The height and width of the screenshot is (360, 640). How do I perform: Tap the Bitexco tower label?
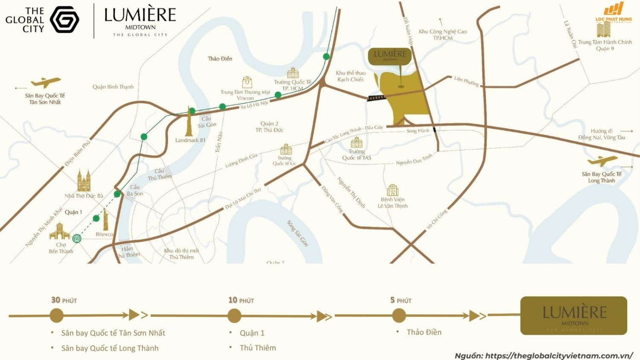(105, 234)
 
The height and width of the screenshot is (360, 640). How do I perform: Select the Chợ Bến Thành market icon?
(59, 232)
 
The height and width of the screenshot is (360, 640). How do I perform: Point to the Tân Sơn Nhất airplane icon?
(46, 82)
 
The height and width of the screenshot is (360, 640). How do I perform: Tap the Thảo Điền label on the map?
(220, 59)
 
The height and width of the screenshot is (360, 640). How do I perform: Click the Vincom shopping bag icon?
(247, 82)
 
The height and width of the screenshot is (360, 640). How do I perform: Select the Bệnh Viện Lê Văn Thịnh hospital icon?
(393, 190)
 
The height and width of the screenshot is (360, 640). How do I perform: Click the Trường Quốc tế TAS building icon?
(357, 142)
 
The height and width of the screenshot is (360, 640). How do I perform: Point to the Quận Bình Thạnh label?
(113, 87)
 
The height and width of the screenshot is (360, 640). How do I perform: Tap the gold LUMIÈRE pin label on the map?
(390, 55)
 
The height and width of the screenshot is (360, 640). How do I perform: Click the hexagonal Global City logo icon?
(64, 20)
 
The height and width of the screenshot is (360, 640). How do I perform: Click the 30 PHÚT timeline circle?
(56, 316)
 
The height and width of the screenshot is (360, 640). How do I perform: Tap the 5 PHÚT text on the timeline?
(401, 300)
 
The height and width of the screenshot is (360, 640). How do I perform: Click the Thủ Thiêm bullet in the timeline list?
(258, 348)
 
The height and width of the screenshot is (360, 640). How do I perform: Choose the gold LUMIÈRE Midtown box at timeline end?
(573, 316)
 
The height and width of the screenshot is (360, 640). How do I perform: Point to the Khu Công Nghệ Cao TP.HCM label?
(442, 35)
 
